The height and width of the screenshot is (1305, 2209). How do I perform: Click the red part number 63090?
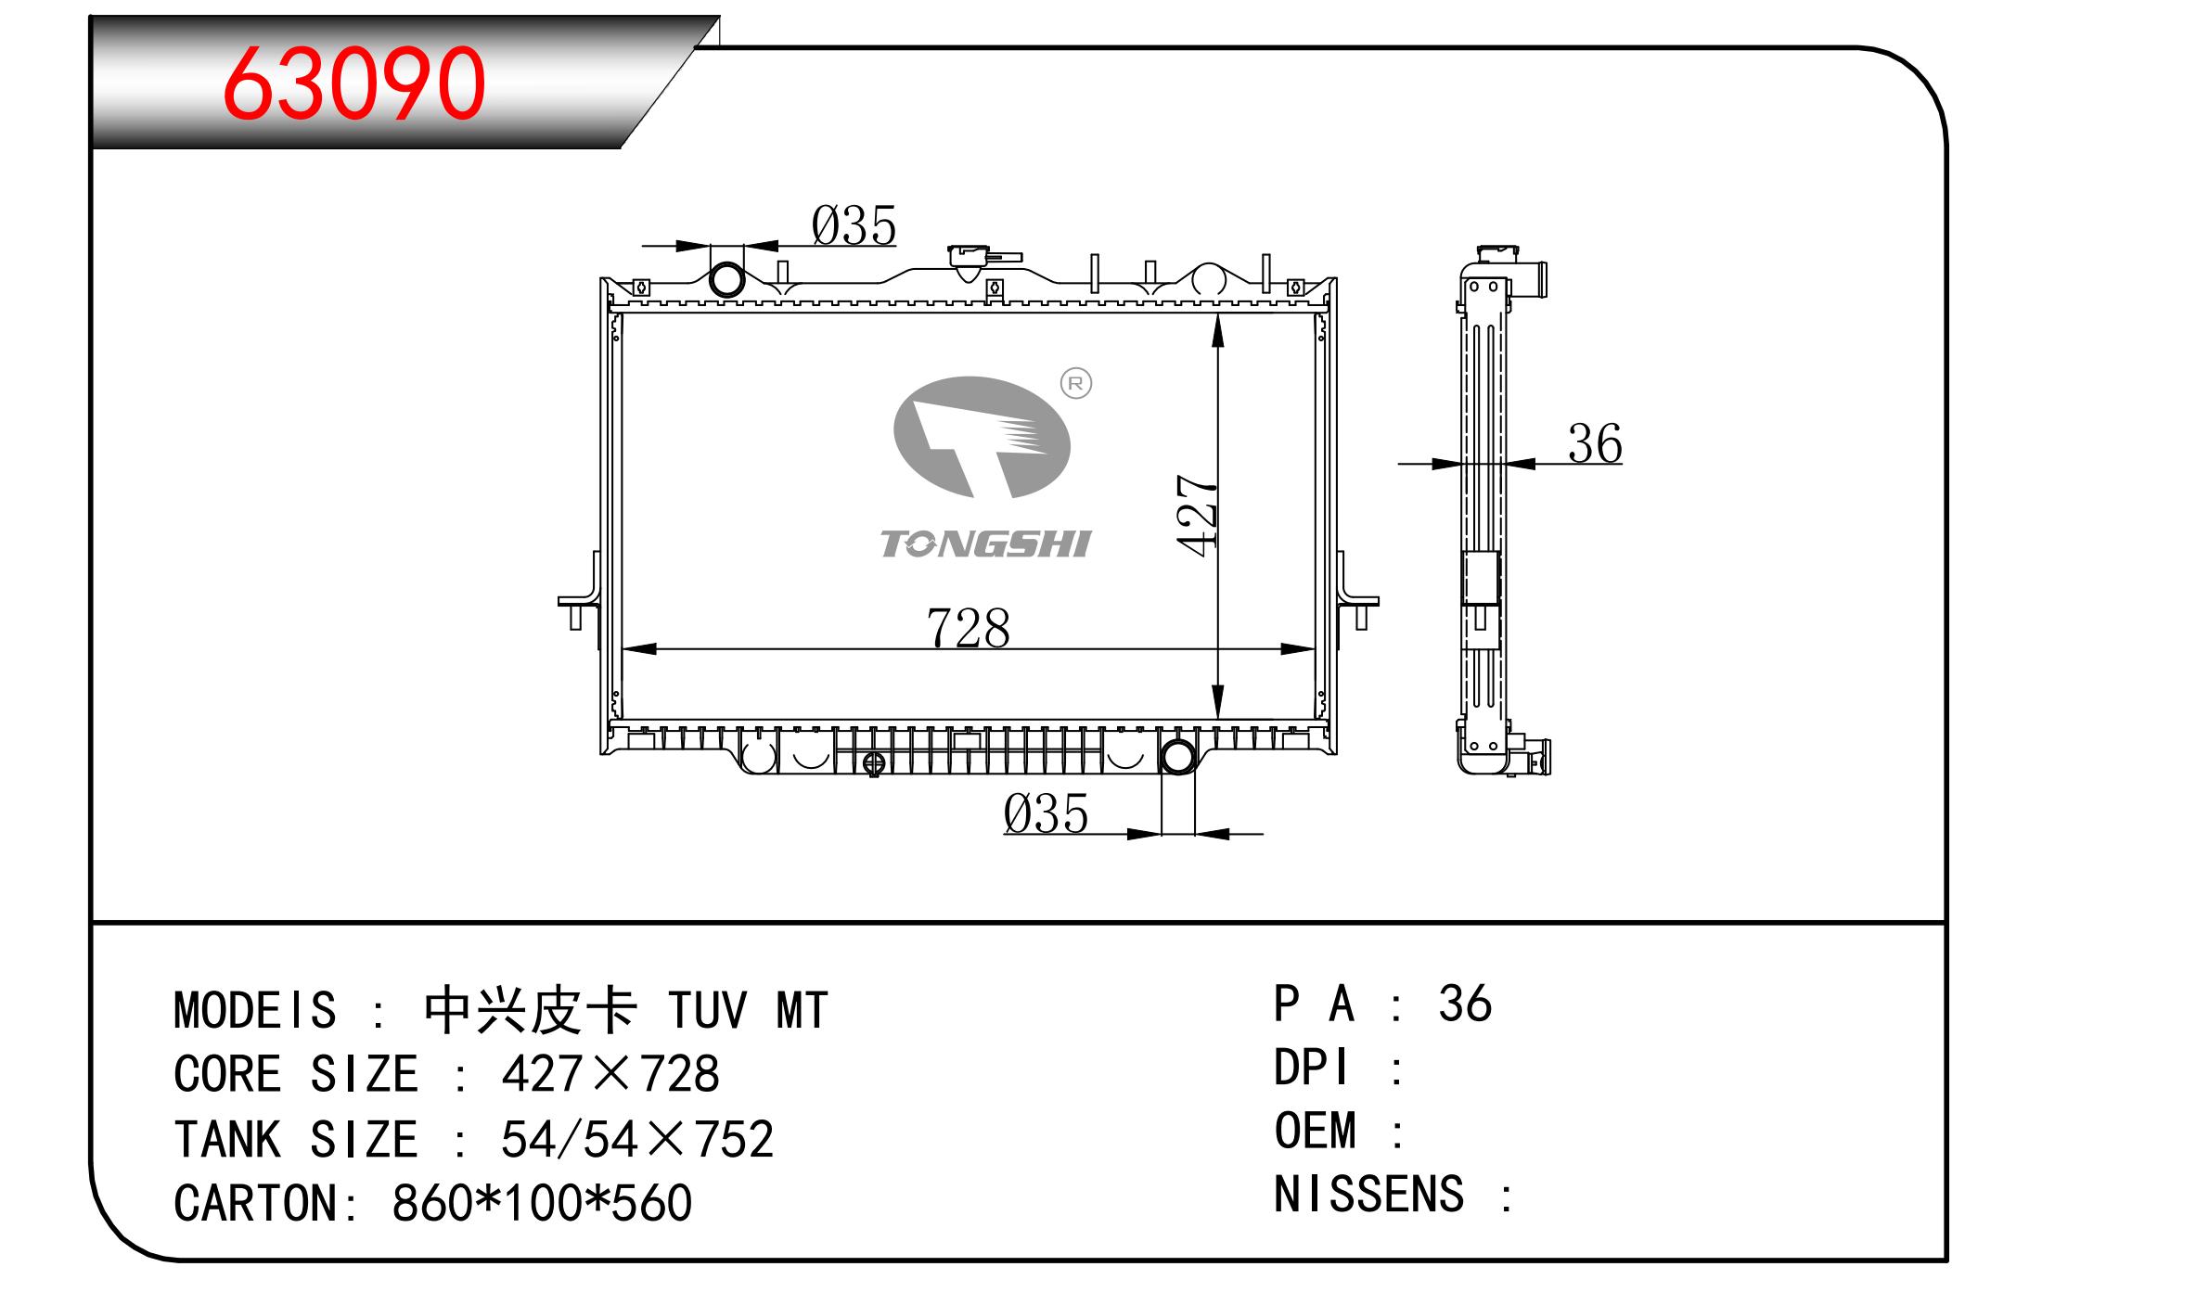(x=353, y=83)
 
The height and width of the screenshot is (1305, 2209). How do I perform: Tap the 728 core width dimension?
(x=968, y=628)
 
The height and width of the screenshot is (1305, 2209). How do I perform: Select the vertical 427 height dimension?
(x=1197, y=516)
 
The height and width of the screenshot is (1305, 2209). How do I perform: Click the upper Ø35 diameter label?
(x=854, y=225)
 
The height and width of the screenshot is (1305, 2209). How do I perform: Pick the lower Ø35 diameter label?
(x=1046, y=813)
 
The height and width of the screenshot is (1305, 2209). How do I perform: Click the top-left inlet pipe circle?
(x=726, y=279)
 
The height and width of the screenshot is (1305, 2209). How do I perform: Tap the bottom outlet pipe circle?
(x=1177, y=757)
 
